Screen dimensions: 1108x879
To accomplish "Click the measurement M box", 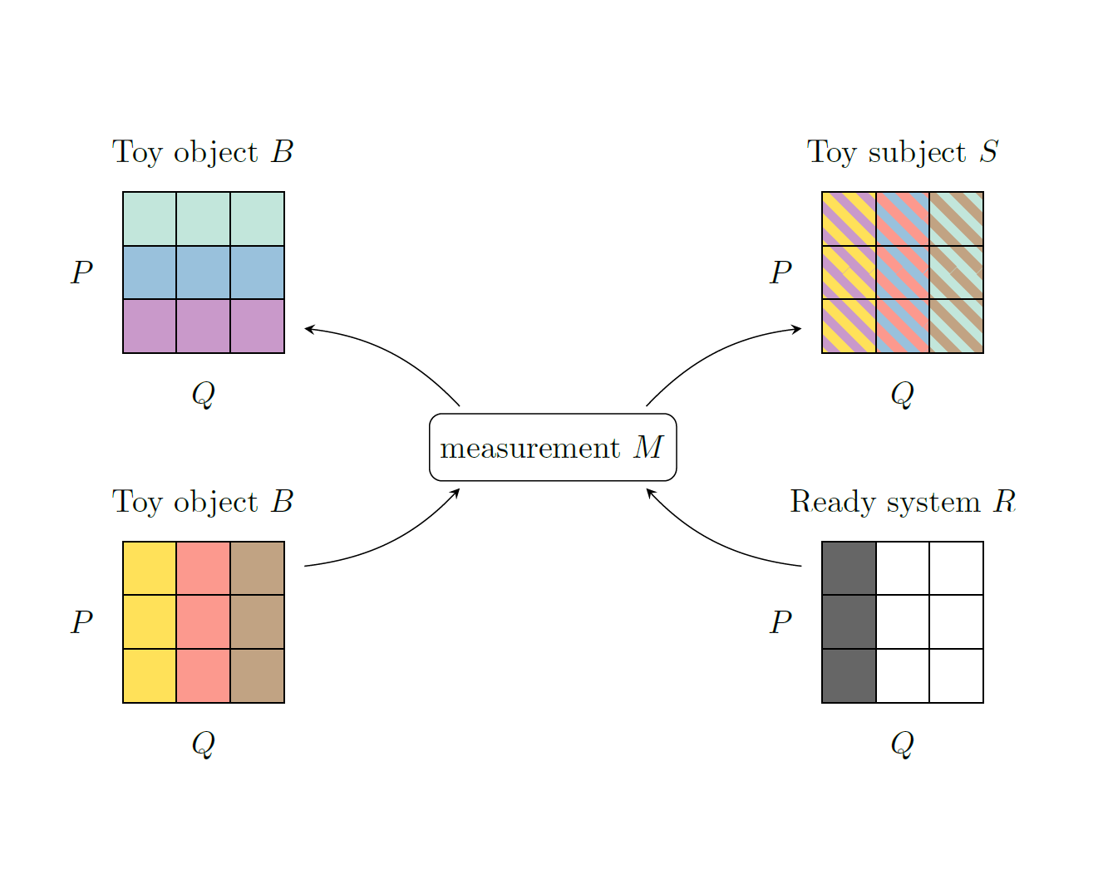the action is coord(553,447).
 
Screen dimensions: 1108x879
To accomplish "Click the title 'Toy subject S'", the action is coord(903,152).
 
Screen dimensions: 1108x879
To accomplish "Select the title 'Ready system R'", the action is coord(903,501).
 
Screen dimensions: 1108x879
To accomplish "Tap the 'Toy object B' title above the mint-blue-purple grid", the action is coord(203,152).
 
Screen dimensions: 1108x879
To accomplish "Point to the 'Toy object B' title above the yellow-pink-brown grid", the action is coord(203,501).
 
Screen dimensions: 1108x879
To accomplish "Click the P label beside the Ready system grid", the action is coord(781,621).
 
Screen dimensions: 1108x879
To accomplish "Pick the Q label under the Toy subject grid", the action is coord(903,394).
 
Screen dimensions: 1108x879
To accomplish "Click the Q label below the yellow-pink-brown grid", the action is coord(204,744).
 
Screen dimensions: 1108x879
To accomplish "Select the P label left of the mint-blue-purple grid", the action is coord(81,272).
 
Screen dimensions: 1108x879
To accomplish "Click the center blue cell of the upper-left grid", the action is coord(204,273).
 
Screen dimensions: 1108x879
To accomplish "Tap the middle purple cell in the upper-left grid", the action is coord(204,327).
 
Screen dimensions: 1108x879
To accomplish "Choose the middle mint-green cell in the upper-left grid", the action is coord(204,219).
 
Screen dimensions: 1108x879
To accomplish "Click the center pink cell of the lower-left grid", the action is coord(204,621).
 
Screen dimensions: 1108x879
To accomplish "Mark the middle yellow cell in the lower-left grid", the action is coord(150,621).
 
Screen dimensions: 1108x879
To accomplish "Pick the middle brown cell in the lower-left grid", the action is coord(257,621).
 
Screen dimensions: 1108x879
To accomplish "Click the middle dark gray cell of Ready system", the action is coord(849,621).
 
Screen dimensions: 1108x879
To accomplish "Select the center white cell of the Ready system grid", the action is coord(903,621).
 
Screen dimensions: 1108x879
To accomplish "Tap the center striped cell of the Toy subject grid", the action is coord(903,273).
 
